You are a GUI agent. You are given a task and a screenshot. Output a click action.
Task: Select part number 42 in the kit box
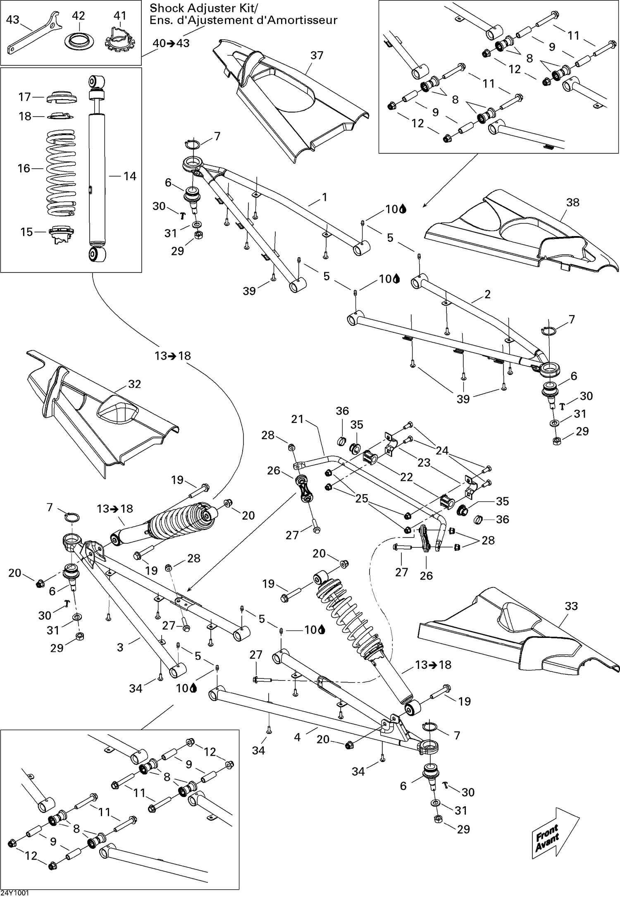tap(80, 41)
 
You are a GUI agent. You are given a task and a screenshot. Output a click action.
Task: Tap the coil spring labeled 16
tap(61, 174)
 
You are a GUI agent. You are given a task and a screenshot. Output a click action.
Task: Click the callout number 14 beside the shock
tap(129, 176)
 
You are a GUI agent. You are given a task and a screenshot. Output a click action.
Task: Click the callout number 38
tap(572, 202)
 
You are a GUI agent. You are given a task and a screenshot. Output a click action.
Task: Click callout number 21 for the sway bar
tap(297, 419)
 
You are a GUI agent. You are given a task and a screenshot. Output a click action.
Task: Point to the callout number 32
tap(134, 384)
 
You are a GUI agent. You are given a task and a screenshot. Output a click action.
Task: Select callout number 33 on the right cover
tap(571, 606)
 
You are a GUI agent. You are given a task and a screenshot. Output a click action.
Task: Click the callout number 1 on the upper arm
tap(324, 197)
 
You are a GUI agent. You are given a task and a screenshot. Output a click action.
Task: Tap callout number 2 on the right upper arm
tap(487, 294)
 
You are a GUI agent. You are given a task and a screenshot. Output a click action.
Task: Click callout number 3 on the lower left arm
tap(120, 647)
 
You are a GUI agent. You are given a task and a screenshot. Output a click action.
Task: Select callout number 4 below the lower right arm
tap(297, 737)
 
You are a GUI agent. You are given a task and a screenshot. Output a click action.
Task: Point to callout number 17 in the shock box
tap(25, 97)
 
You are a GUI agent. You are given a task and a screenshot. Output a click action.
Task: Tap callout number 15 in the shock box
tap(26, 232)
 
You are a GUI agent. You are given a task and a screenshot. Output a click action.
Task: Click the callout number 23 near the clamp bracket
tap(424, 462)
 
